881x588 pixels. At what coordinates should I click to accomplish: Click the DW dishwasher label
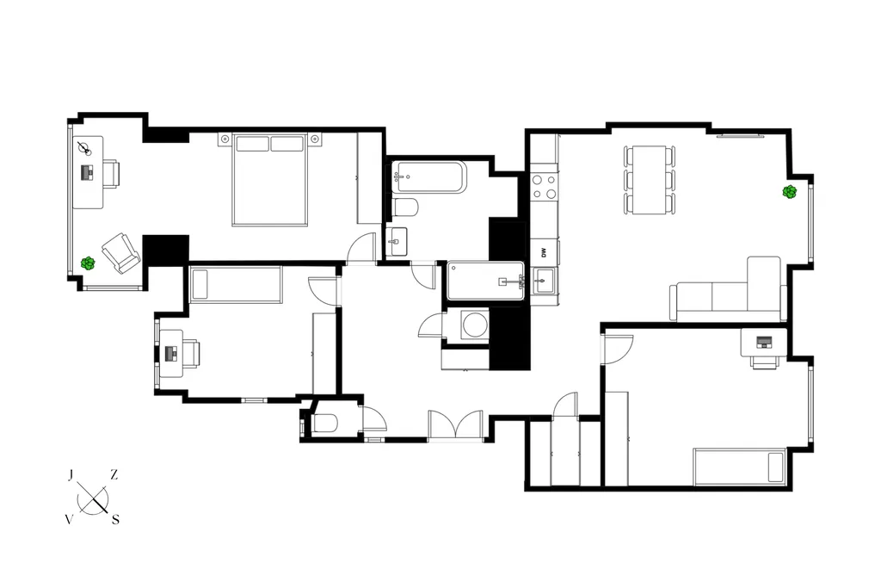pyautogui.click(x=544, y=252)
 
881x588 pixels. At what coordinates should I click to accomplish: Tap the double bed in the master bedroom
pyautogui.click(x=270, y=179)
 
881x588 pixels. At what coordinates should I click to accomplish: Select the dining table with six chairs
pyautogui.click(x=650, y=180)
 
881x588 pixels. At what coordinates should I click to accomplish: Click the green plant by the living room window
pyautogui.click(x=790, y=192)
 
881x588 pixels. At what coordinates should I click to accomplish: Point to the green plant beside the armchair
pyautogui.click(x=88, y=263)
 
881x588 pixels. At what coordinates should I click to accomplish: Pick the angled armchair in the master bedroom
pyautogui.click(x=120, y=253)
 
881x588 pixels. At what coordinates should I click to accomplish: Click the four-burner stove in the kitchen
pyautogui.click(x=545, y=187)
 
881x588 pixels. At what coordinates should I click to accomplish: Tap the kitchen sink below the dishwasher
pyautogui.click(x=544, y=281)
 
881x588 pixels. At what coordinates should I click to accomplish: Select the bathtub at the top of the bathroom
pyautogui.click(x=428, y=177)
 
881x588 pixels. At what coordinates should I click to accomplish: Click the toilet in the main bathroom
pyautogui.click(x=406, y=207)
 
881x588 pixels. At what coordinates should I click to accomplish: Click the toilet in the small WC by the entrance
pyautogui.click(x=324, y=423)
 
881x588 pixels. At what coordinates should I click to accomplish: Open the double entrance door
pyautogui.click(x=456, y=425)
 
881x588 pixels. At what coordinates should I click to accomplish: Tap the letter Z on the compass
pyautogui.click(x=114, y=474)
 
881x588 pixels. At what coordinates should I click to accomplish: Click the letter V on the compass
pyautogui.click(x=69, y=519)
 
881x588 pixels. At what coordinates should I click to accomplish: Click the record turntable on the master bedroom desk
pyautogui.click(x=84, y=148)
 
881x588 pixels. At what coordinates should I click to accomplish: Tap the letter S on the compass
pyautogui.click(x=116, y=519)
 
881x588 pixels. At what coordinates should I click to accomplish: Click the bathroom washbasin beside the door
pyautogui.click(x=397, y=242)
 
